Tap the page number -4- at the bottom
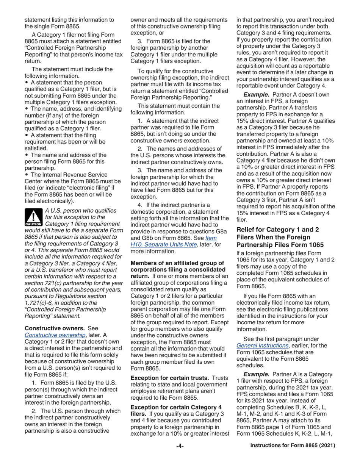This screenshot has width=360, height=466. (180, 446)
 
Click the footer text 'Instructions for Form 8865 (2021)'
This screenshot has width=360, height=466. (293, 446)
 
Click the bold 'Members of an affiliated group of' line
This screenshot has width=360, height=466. (177, 263)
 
